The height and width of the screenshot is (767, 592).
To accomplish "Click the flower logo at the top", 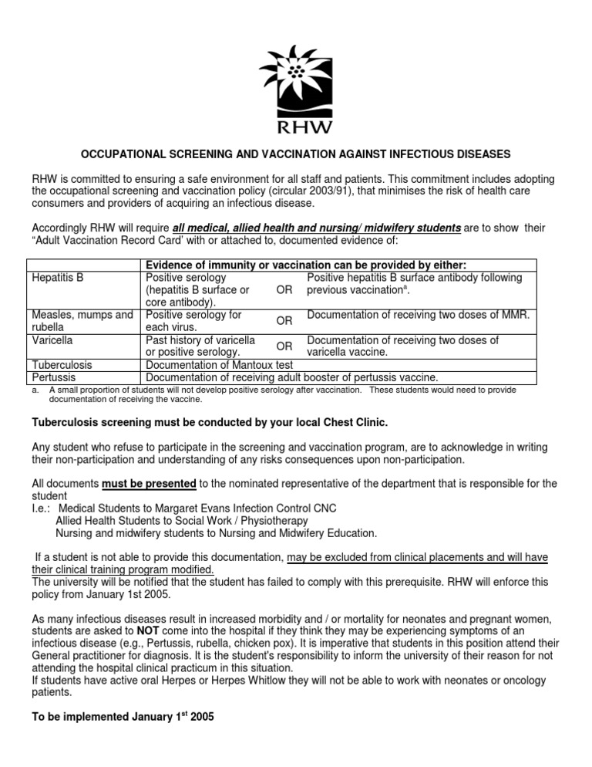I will coord(296,73).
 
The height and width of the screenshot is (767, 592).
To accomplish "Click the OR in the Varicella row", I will coord(284,346).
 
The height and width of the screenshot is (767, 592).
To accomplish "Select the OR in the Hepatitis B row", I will coord(284,290).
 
